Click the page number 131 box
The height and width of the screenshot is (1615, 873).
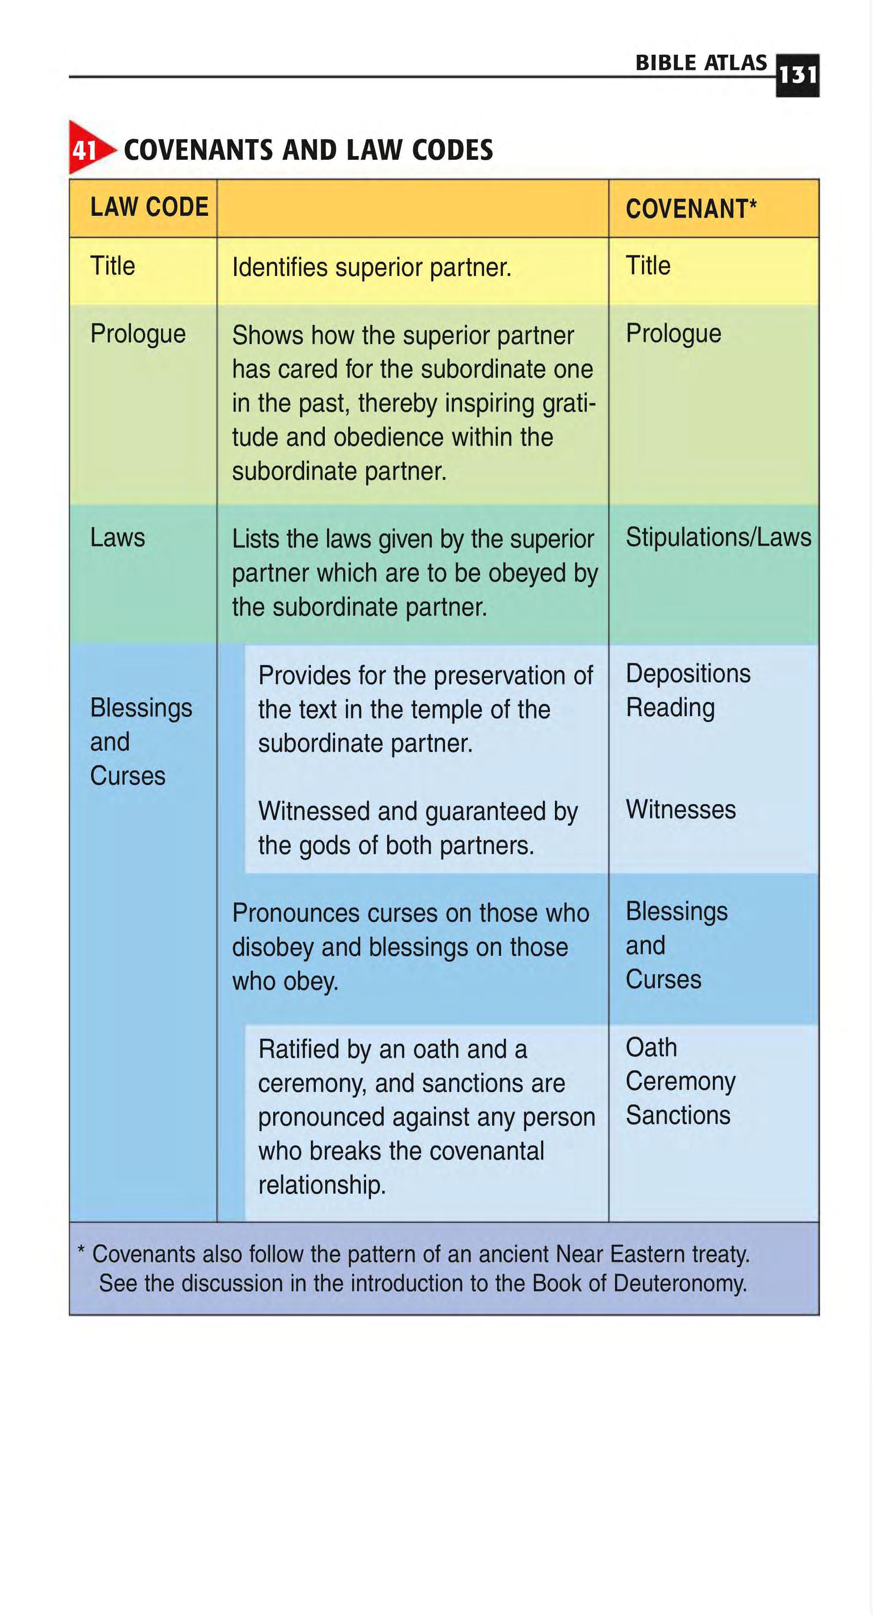coord(797,75)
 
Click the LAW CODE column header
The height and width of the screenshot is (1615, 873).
coord(149,207)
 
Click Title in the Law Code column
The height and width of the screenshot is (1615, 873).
coord(113,266)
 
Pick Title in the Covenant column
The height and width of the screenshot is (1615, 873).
coord(648,266)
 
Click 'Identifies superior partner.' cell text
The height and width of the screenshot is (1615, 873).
coord(371,268)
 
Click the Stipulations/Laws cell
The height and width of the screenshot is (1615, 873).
coord(718,537)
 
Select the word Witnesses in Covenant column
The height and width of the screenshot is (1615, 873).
coord(681,810)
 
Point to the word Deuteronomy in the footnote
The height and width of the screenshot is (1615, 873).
coord(680,1283)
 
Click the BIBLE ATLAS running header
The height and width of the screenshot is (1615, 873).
coord(701,63)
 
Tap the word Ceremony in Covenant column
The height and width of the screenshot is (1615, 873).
coord(681,1082)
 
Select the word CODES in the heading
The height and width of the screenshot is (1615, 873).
coord(452,150)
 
